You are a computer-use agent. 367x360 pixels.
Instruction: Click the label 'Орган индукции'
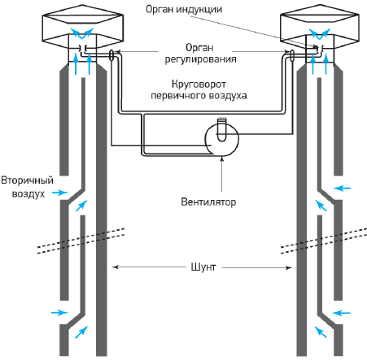point(184,9)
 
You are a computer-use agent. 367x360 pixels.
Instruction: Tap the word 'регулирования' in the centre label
point(200,59)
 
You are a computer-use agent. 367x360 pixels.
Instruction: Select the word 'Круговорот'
point(199,85)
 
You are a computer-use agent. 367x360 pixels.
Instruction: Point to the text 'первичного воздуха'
point(199,96)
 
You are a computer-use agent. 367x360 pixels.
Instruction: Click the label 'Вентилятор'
point(208,202)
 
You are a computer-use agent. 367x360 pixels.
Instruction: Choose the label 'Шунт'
point(203,267)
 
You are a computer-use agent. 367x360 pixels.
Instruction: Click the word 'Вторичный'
point(27,180)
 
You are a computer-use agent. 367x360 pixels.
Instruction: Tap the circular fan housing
point(221,139)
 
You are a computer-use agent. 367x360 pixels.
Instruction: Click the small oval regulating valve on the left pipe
point(111,55)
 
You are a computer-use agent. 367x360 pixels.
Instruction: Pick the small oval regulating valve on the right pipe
point(292,55)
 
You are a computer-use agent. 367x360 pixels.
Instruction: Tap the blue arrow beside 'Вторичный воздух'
point(59,193)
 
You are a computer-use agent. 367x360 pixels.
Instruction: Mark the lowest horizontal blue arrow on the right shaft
point(342,313)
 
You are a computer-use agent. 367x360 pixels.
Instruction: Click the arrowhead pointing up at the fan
point(222,158)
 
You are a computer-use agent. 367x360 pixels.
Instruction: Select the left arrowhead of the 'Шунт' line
point(115,267)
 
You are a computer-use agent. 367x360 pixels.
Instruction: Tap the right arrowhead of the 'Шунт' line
point(289,268)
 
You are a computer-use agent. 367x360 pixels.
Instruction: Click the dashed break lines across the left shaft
point(81,241)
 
